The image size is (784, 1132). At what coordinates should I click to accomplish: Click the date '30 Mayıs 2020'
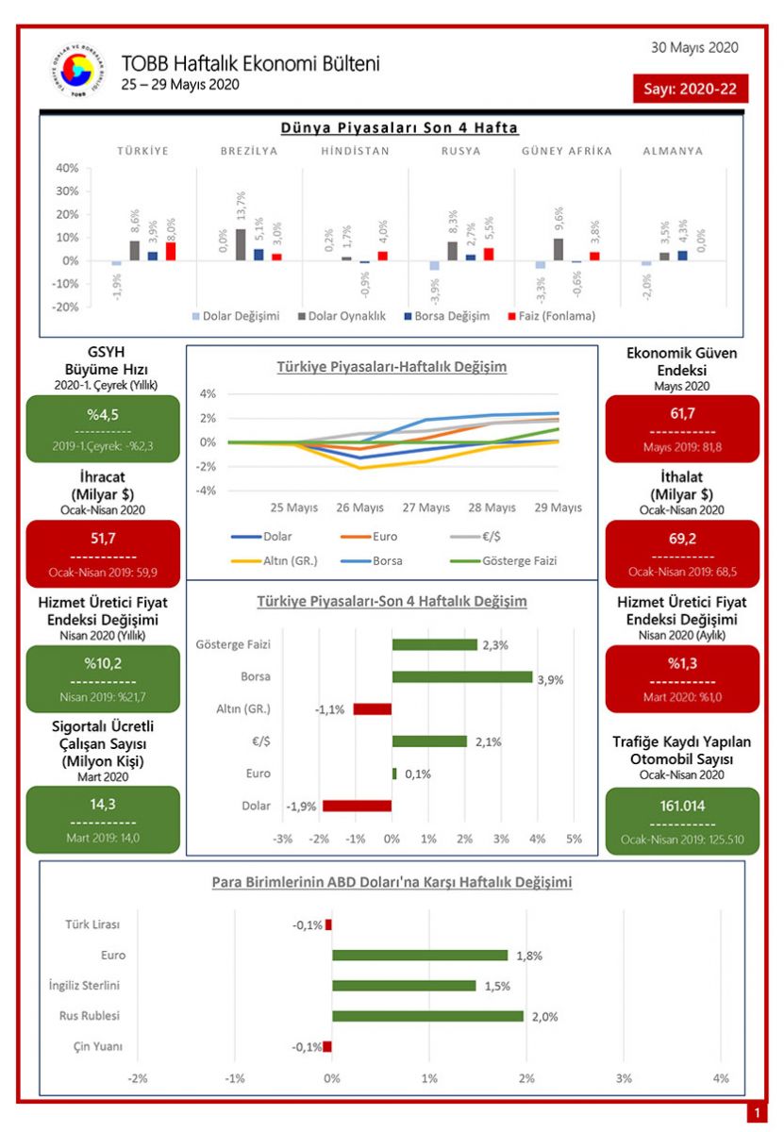tap(694, 47)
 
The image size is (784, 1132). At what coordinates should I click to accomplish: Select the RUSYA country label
tap(460, 151)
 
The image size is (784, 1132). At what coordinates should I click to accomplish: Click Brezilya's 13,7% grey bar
tap(242, 244)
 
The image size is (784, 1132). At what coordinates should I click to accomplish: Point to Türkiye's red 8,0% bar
tap(171, 251)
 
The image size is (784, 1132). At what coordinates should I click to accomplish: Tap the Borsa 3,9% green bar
tap(462, 676)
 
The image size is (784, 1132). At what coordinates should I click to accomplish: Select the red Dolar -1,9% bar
tap(357, 806)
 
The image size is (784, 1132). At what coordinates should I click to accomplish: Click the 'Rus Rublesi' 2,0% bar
tap(427, 1016)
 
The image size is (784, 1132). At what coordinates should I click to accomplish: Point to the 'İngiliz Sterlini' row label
tap(84, 986)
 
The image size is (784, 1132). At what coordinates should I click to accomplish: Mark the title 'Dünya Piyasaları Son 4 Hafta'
tap(399, 127)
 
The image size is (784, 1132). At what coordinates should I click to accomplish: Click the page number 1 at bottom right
tap(758, 1114)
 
